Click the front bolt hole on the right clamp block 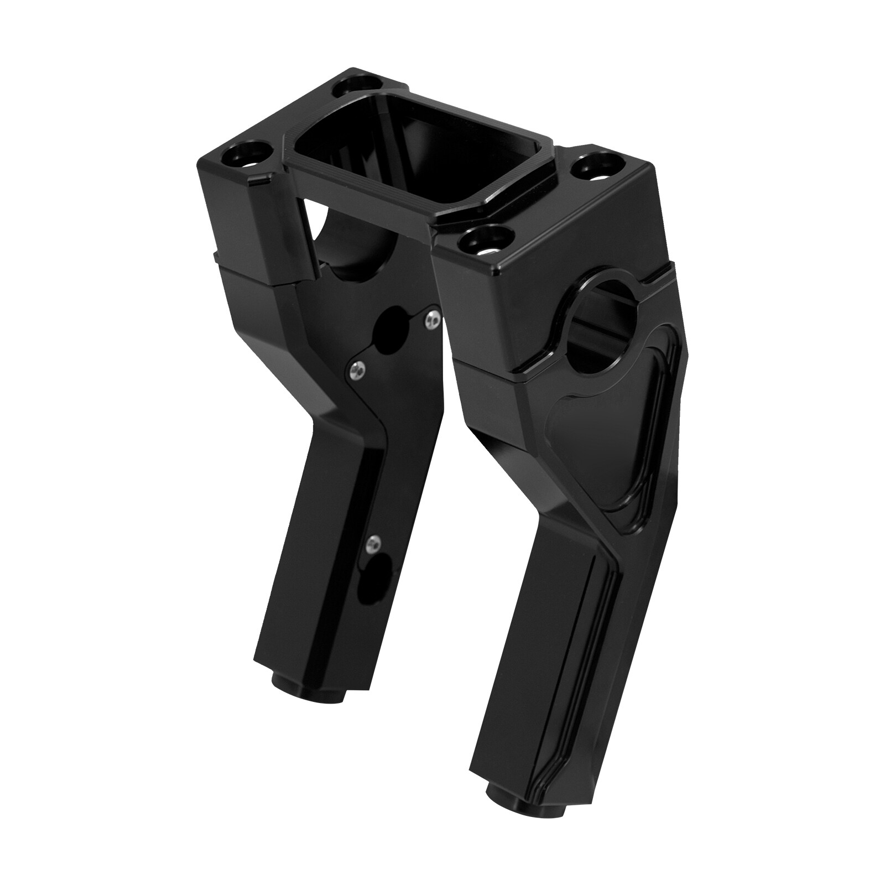point(487,241)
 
